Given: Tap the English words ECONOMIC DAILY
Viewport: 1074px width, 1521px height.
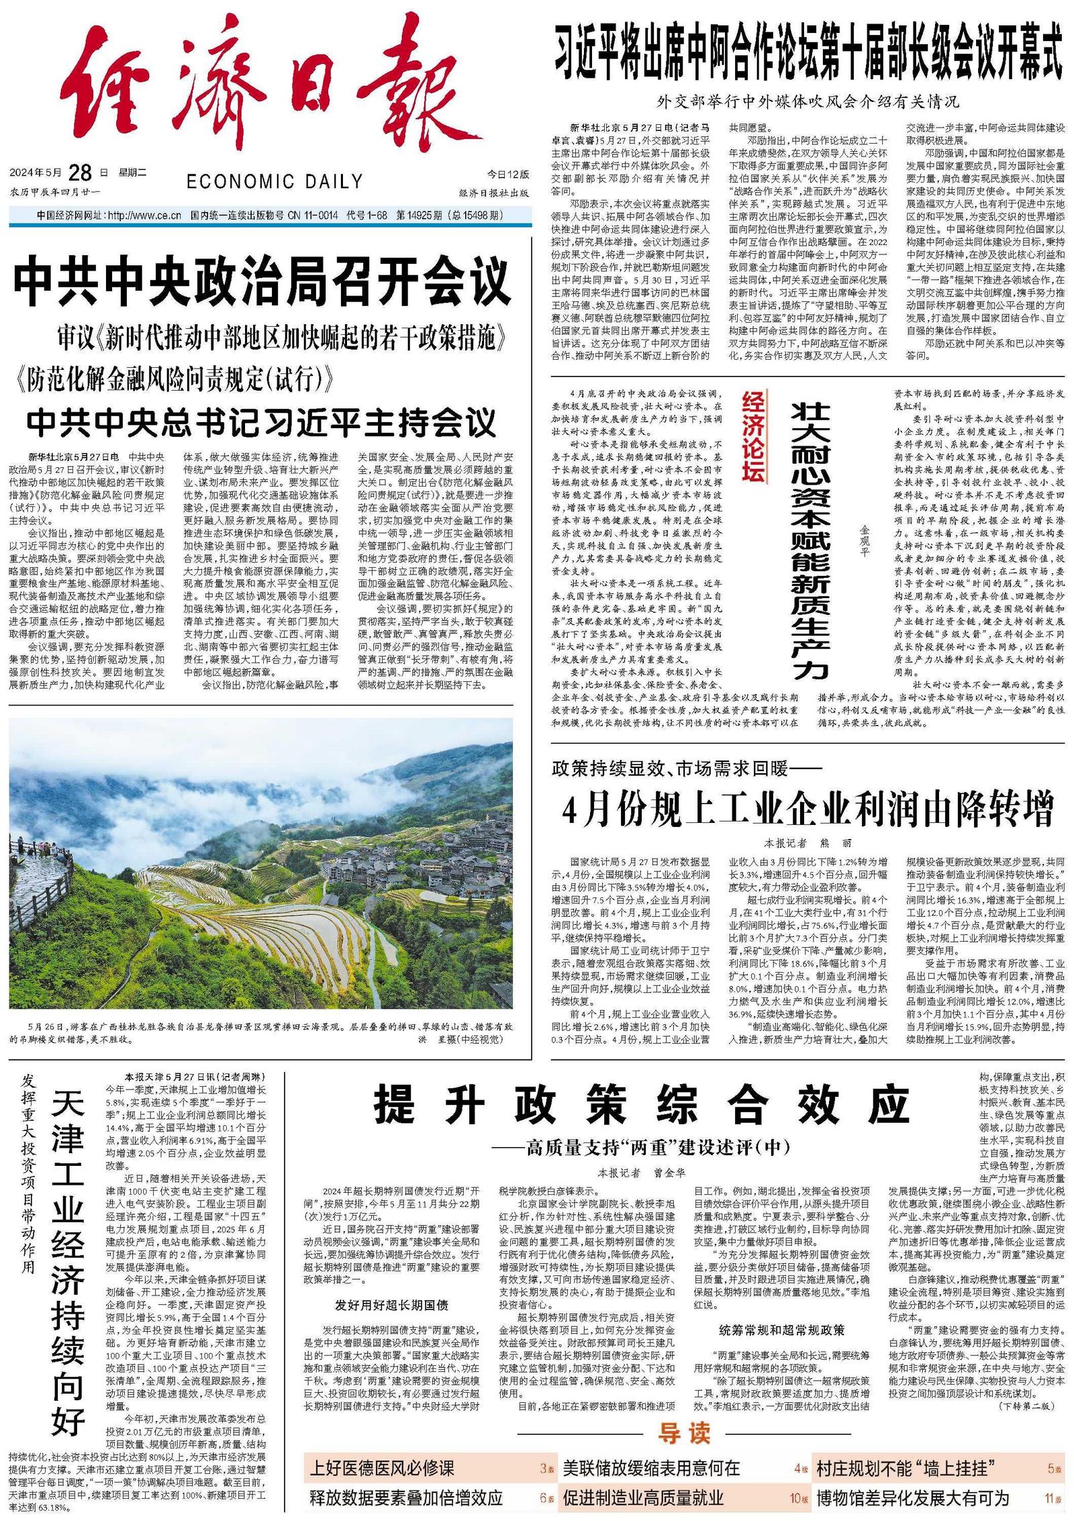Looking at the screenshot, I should point(275,181).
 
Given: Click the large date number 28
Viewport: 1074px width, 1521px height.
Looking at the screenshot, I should point(80,173).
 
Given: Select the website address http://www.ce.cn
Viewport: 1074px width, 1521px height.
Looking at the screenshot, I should point(144,215).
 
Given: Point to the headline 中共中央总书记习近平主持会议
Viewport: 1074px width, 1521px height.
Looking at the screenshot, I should point(262,422).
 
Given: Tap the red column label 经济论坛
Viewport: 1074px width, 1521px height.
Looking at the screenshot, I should point(754,437).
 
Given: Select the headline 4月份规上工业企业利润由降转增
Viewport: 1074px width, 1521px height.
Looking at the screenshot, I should point(808,809).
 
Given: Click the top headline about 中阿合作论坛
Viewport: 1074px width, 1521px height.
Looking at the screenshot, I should point(808,58).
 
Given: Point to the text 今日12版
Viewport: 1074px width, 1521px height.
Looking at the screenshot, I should point(507,174).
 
